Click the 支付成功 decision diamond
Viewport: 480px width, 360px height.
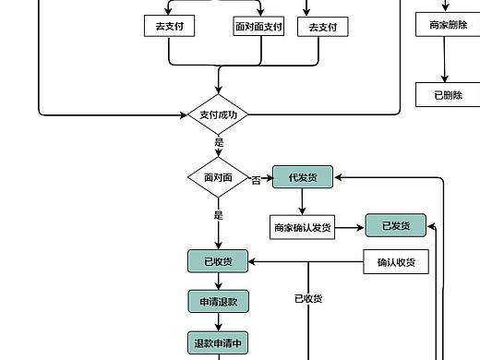coord(218,115)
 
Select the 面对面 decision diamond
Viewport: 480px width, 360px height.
coord(218,176)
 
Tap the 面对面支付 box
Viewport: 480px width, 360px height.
coord(258,27)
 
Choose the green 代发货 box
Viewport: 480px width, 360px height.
coord(303,177)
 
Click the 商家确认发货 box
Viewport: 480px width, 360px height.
coord(303,227)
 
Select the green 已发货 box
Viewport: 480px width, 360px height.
coord(395,225)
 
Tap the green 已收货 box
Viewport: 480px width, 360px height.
coord(218,261)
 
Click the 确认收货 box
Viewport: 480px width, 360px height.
coord(396,262)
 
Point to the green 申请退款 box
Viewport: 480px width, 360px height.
coord(218,301)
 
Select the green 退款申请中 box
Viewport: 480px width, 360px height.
coord(218,342)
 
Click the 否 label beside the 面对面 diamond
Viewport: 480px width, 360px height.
coord(256,180)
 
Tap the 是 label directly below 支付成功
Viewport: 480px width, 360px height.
coord(219,143)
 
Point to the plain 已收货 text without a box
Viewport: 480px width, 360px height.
coord(307,298)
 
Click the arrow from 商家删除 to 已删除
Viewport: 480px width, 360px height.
coord(446,60)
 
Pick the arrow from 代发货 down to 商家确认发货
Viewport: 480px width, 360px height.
coord(303,201)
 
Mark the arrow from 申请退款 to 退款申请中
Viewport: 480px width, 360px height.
coord(218,321)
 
